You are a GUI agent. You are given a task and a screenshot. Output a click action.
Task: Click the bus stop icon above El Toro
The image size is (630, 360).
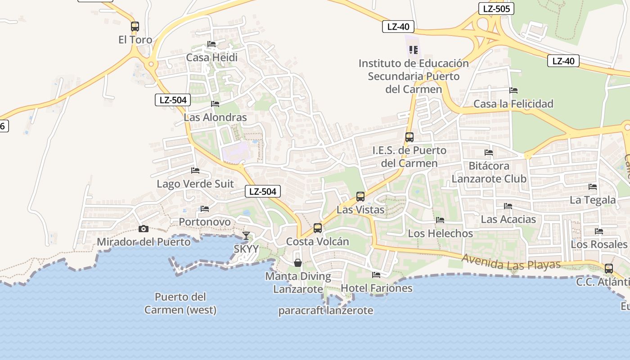point(135,26)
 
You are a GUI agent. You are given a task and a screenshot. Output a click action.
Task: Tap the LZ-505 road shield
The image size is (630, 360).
point(496,9)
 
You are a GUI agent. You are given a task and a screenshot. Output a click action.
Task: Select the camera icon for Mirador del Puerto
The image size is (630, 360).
point(144,229)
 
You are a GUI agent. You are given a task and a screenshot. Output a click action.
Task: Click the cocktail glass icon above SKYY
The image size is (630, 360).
point(246,235)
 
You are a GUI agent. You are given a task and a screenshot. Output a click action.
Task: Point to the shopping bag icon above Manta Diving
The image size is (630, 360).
point(297,263)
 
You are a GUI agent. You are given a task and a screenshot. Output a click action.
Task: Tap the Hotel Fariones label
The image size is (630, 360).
point(377,288)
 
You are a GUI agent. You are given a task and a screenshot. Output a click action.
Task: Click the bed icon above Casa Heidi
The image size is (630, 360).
point(211,44)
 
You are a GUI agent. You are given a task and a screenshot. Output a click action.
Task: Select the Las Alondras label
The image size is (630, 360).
point(215,117)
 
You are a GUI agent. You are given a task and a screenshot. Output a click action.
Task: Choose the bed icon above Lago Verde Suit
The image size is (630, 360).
point(195,171)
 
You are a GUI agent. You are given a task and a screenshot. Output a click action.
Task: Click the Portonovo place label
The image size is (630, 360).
point(205,222)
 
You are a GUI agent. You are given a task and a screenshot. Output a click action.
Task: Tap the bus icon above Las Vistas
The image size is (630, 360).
point(360,196)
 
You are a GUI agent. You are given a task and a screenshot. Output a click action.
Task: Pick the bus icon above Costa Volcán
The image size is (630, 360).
point(318,228)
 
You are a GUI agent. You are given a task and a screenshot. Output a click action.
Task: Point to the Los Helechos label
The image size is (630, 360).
point(440,234)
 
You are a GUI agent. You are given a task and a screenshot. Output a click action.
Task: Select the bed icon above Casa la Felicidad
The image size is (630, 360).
point(513,90)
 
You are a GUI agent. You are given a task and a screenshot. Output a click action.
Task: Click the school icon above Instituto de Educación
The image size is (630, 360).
point(414,49)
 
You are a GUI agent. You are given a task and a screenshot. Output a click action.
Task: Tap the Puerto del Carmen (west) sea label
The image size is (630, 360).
point(180,303)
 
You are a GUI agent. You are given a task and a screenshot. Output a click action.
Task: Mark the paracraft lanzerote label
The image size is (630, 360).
point(325,310)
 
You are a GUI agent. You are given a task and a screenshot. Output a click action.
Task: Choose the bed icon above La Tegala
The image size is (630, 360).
point(593,187)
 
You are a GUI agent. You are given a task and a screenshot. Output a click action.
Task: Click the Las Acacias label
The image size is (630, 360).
point(508,220)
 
